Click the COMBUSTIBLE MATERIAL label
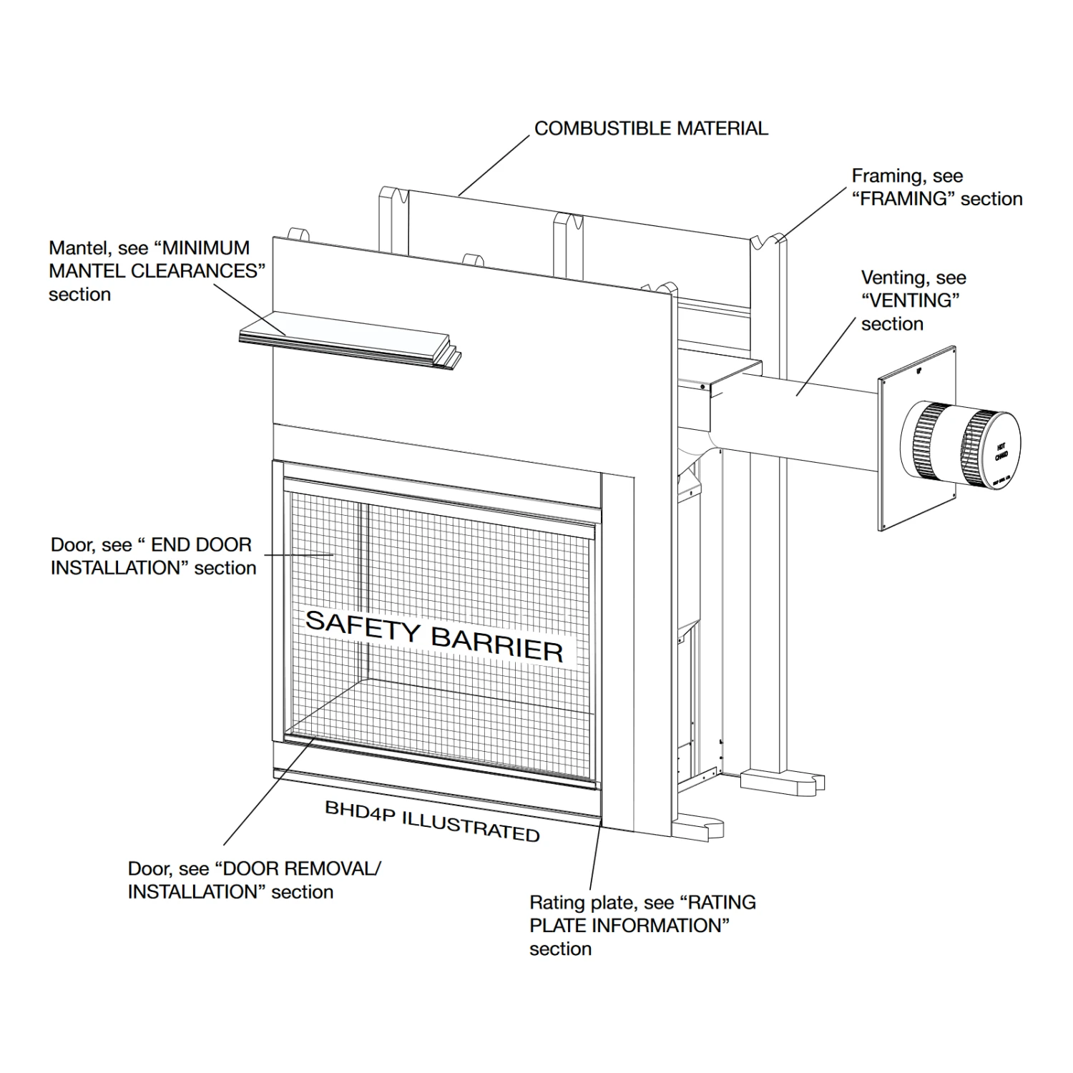click(651, 129)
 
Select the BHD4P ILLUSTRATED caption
click(432, 821)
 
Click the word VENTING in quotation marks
click(911, 300)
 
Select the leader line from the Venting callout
click(826, 355)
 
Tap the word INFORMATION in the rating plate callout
click(651, 926)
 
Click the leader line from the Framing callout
click(815, 212)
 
